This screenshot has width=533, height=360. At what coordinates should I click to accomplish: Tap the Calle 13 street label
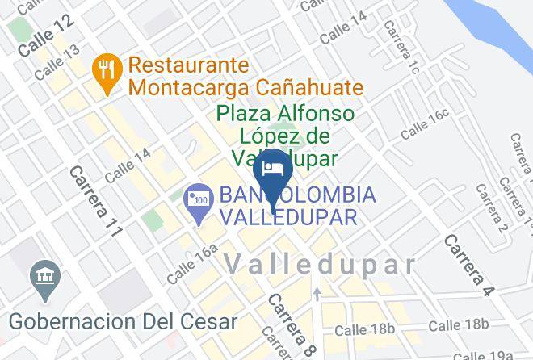[57, 62]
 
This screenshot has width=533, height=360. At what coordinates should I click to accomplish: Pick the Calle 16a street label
[193, 263]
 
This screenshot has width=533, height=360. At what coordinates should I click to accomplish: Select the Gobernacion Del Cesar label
[124, 320]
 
